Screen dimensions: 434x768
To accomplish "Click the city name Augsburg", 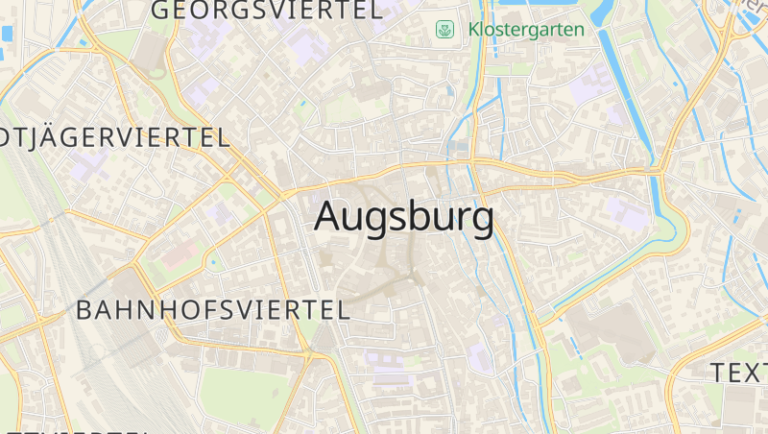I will click(x=404, y=218).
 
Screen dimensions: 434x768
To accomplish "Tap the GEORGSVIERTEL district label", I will click(x=266, y=11).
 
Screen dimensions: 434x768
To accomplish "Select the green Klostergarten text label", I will click(x=526, y=30).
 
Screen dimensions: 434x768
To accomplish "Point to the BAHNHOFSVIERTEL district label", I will click(x=212, y=310).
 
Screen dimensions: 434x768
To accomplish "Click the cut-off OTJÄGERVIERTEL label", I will click(x=115, y=136).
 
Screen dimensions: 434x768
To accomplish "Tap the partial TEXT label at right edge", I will click(x=738, y=373).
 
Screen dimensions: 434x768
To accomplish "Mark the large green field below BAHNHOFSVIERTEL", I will click(x=245, y=394).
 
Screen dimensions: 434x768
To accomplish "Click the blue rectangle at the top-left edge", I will click(x=8, y=34).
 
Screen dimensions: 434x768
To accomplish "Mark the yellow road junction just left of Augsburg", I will click(x=284, y=194).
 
